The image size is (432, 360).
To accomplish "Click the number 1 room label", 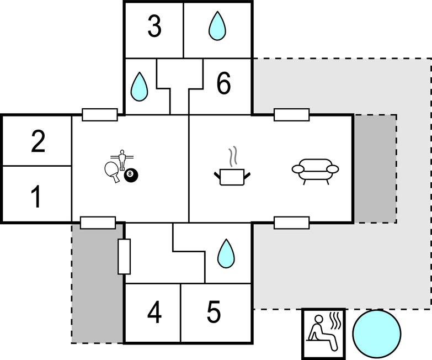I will (36, 197).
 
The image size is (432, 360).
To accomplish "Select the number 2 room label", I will (38, 142).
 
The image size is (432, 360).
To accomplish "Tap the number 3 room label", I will (154, 27).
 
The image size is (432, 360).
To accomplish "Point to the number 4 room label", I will (154, 313).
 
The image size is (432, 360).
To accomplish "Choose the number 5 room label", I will (214, 313).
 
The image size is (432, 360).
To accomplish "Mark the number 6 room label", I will (223, 84).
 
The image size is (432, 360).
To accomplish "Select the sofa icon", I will (313, 172).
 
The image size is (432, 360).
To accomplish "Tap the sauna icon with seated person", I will (323, 333).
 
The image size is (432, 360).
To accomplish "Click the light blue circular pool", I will (376, 333).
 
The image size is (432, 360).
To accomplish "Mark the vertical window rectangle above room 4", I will (124, 257).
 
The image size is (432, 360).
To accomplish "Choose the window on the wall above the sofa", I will (291, 115).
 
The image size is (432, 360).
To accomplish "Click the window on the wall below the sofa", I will (291, 223).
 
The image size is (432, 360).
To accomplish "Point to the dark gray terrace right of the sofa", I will (375, 168).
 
